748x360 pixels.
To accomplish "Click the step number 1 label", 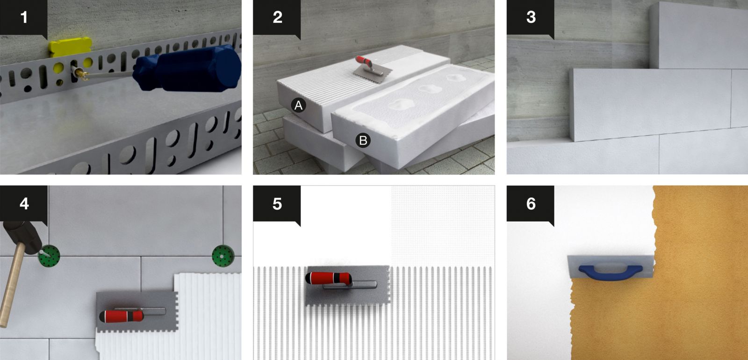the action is coord(24,17).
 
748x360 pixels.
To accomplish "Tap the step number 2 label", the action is coord(278,17).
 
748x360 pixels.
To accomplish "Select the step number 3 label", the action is coord(531,17).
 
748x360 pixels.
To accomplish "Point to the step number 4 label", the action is coord(24,204).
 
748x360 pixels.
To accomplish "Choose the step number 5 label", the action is coord(277,204).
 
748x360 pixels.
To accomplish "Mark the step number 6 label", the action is coord(531,204).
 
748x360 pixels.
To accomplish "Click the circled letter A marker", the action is coord(298,105).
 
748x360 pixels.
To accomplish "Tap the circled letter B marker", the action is coord(363,140).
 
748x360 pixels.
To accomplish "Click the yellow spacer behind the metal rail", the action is coord(70,47).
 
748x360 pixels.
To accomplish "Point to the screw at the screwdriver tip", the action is coord(80,73).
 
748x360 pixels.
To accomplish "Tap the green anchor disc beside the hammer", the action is coord(50,256).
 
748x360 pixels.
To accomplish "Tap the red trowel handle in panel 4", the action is coord(121,316).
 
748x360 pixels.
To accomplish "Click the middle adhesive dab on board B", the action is coord(427,89).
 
